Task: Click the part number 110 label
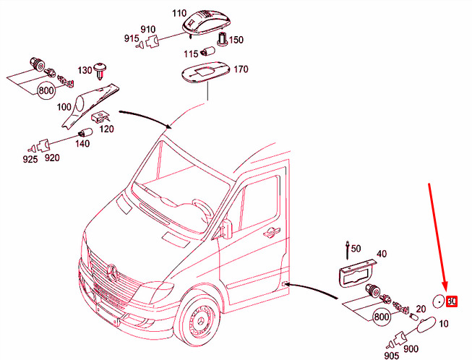pyautogui.click(x=179, y=14)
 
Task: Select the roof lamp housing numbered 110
pyautogui.click(x=207, y=22)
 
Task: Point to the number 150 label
pyautogui.click(x=236, y=40)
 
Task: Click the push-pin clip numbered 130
pyautogui.click(x=100, y=71)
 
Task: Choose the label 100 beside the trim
pyautogui.click(x=64, y=107)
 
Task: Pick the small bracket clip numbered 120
pyautogui.click(x=101, y=117)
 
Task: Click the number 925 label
pyautogui.click(x=30, y=159)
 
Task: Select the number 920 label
pyautogui.click(x=52, y=157)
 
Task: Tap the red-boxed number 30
pyautogui.click(x=452, y=301)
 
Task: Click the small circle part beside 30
pyautogui.click(x=439, y=301)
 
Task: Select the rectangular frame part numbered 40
pyautogui.click(x=357, y=274)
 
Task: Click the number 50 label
pyautogui.click(x=356, y=249)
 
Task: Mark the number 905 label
pyautogui.click(x=392, y=356)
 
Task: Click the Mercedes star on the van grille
pyautogui.click(x=112, y=273)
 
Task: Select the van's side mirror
pyautogui.click(x=227, y=228)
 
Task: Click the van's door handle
pyautogui.click(x=271, y=232)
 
